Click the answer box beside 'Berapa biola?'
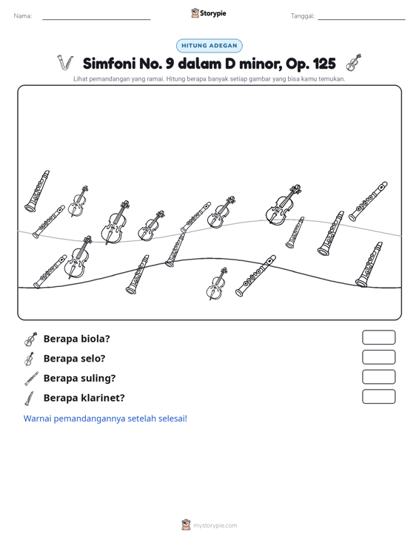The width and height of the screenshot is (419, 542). [x=378, y=337]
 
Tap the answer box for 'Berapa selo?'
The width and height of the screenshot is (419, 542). [x=378, y=357]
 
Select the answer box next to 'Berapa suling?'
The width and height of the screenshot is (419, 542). [x=378, y=377]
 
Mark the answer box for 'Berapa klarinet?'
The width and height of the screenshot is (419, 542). [x=378, y=396]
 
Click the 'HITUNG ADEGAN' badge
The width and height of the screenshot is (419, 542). [x=209, y=46]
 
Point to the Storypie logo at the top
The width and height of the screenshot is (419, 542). [x=209, y=13]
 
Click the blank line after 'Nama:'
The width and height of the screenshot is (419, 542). [x=96, y=19]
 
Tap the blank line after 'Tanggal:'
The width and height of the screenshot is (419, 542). [x=361, y=19]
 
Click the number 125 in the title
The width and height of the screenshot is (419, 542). [x=324, y=64]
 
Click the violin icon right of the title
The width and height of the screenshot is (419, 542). [x=353, y=63]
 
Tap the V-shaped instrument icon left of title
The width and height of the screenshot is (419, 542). [x=65, y=63]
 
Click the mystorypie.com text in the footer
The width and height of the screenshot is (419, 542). [x=215, y=526]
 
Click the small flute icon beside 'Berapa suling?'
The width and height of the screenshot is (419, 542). [x=31, y=379]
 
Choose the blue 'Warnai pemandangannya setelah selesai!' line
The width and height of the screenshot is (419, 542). [x=105, y=419]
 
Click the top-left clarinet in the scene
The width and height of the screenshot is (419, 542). [x=37, y=191]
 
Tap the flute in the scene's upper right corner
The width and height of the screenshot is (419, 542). [x=368, y=201]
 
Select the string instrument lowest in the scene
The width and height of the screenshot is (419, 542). [x=217, y=283]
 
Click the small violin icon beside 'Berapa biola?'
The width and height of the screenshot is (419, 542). [x=31, y=339]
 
